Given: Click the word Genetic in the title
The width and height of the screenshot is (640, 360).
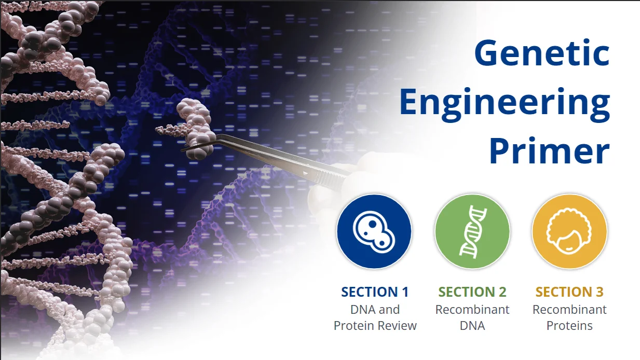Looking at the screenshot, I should coord(542,53).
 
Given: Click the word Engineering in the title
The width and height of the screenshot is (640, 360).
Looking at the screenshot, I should coord(504,102).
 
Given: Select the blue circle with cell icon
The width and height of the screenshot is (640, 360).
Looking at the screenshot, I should coord(374,231).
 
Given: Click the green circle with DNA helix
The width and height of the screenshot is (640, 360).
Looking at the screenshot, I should coord(472,231).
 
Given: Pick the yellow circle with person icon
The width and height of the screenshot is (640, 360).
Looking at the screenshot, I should coord(569,231).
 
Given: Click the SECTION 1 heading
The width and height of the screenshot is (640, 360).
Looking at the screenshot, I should coord(375,292).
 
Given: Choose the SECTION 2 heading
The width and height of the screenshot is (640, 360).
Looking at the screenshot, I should coord(472,292).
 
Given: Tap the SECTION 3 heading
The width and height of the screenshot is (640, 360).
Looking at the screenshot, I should coord(569,292).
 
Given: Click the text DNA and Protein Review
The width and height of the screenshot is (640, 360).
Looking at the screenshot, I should coord(375,317).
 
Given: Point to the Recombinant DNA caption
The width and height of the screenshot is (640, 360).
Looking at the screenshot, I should coord(472,317).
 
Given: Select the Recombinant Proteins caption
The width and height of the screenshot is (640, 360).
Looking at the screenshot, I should coord(569,317).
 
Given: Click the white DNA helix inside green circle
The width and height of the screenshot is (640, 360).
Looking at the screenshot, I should coord(472,231).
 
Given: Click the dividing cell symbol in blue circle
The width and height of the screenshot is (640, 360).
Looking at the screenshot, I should coord(374,231).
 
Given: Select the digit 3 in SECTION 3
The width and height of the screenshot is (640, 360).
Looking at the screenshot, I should coord(600,292).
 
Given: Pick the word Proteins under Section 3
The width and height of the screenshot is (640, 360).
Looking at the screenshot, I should coord(569,326).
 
